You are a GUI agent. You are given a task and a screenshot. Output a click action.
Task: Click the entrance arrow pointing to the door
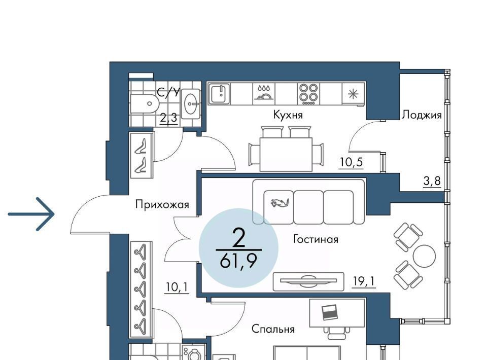[31, 214]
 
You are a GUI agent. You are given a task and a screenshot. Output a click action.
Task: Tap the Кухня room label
[288, 115]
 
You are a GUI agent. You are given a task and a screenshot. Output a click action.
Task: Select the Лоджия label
[422, 115]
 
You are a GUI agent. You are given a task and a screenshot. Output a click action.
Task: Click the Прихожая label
[162, 205]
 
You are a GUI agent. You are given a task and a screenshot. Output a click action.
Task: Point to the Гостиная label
[316, 239]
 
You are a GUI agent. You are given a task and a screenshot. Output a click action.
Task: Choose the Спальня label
[273, 329]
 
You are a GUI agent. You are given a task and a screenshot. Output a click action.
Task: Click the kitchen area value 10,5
[351, 162]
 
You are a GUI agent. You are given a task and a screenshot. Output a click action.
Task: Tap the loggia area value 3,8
[432, 181]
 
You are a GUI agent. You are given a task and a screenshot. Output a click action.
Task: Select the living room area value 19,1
[364, 281]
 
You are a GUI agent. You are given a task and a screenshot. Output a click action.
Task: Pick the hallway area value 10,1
[177, 287]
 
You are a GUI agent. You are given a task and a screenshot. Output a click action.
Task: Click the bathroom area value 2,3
[168, 118]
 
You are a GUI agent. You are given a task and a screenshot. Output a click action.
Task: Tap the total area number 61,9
[238, 262]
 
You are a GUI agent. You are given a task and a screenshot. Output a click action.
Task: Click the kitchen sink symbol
[219, 93]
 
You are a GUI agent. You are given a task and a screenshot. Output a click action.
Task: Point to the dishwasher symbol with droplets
[264, 92]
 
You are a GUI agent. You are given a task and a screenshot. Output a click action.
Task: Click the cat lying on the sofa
[280, 203]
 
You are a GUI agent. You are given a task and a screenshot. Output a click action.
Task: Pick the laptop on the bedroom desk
[330, 312]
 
